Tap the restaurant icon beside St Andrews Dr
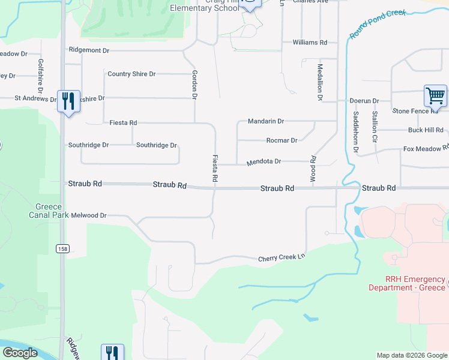click(x=68, y=100)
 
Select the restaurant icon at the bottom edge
click(x=112, y=353)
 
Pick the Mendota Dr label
click(x=264, y=161)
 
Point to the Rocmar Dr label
click(x=282, y=140)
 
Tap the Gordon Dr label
click(x=194, y=84)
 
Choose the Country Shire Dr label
click(x=131, y=74)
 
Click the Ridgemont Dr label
click(x=89, y=50)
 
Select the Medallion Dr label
click(x=320, y=82)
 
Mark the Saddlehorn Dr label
click(x=355, y=125)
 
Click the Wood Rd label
click(x=313, y=170)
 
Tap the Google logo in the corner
click(x=20, y=353)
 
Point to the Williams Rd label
click(x=310, y=43)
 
